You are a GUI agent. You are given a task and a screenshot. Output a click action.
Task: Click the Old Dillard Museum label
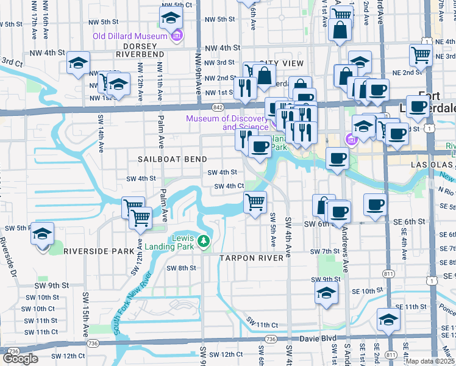(130, 36)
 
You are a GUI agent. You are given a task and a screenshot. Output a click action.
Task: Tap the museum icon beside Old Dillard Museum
(176, 36)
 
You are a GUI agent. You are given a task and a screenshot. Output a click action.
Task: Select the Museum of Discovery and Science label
(227, 123)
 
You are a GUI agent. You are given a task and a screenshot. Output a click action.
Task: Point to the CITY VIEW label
(281, 63)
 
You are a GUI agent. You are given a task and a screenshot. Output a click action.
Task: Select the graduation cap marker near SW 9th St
(326, 292)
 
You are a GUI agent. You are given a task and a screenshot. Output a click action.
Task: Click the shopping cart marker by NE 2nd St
(421, 56)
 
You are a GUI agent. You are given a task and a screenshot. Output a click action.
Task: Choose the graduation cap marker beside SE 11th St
(388, 319)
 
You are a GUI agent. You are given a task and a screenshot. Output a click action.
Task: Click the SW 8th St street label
(183, 268)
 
